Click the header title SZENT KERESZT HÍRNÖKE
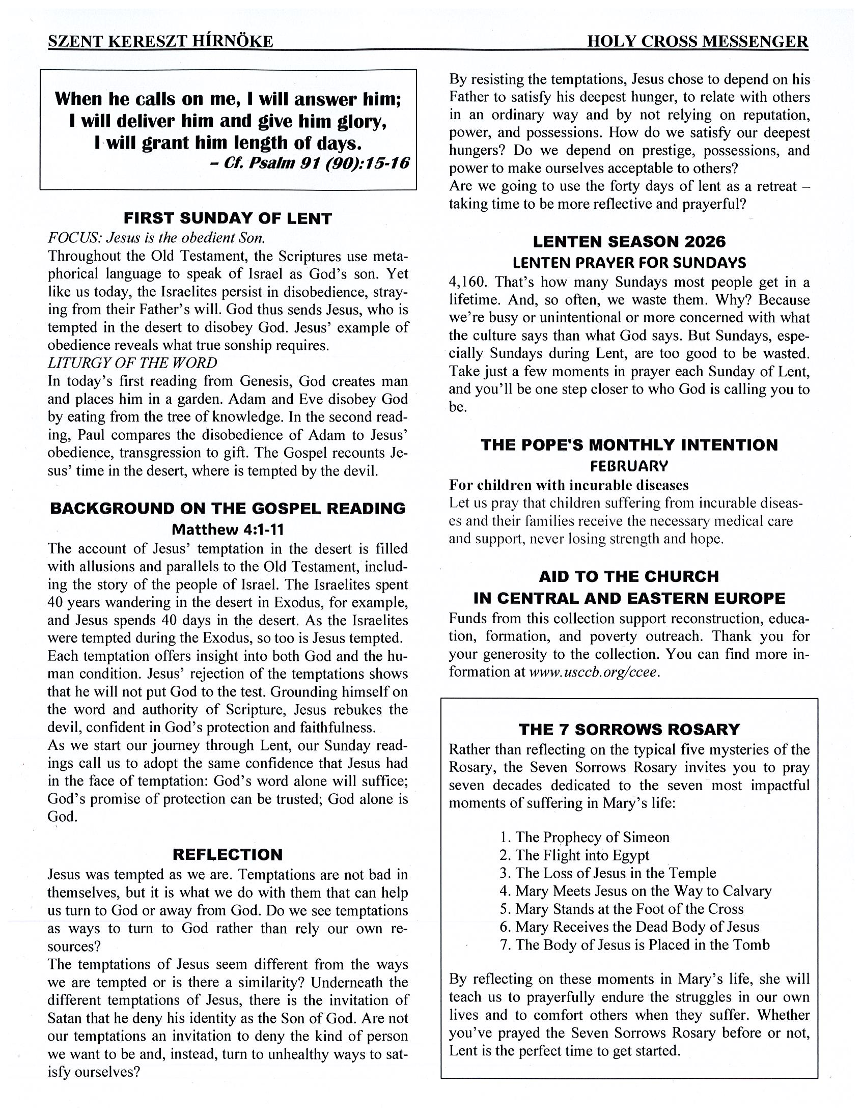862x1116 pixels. (x=160, y=41)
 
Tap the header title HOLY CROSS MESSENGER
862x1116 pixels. (x=698, y=41)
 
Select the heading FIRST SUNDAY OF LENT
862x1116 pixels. (x=228, y=219)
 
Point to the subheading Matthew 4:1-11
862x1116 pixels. (x=228, y=529)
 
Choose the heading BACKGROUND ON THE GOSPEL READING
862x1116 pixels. (x=228, y=509)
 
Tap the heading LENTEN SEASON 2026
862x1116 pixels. (x=629, y=241)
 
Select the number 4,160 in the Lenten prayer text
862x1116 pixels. (x=467, y=282)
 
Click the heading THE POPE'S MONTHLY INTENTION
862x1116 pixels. (x=629, y=444)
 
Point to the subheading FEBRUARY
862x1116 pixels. (x=629, y=466)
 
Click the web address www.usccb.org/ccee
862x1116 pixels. (x=594, y=672)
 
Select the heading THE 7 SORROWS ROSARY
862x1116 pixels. (x=629, y=729)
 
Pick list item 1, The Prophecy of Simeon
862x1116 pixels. (x=585, y=837)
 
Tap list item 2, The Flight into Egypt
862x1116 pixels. (x=575, y=855)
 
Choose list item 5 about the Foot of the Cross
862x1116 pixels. (x=622, y=909)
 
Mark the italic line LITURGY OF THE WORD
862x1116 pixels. (x=132, y=363)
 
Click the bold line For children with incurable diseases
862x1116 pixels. (x=569, y=484)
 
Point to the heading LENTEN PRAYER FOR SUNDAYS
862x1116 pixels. (x=629, y=263)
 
